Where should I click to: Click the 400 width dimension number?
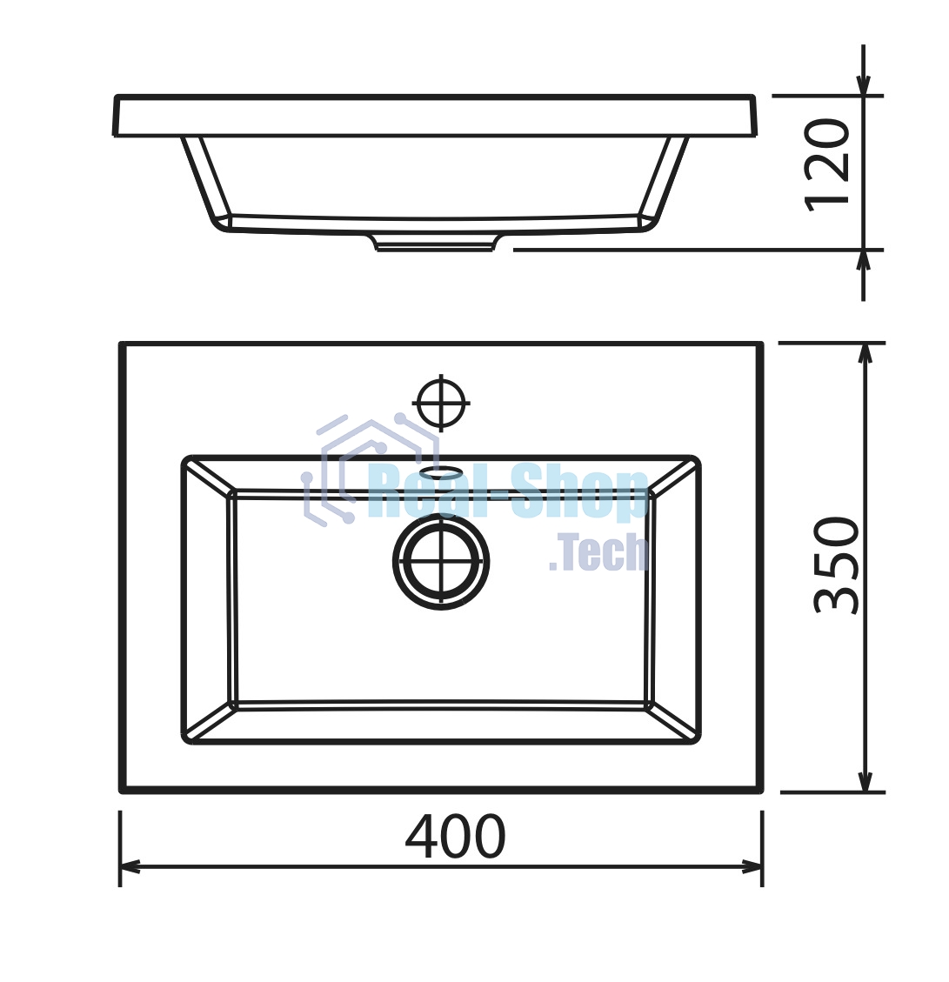(455, 836)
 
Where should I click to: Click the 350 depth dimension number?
(836, 564)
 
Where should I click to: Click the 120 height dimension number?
(827, 165)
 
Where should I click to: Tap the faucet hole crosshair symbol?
(441, 403)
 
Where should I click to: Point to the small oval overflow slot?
(441, 470)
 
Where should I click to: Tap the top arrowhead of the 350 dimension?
(865, 355)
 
